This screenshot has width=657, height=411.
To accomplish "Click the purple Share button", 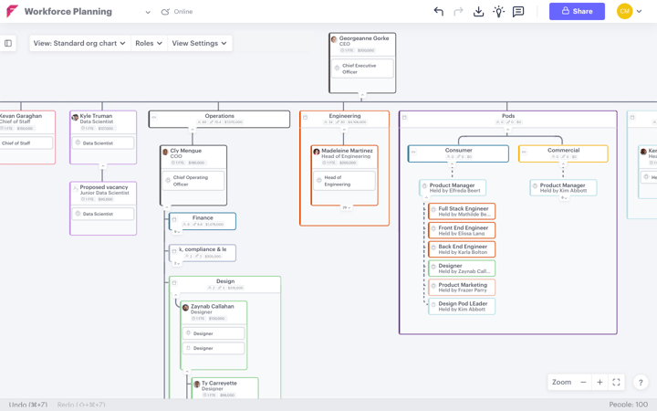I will [577, 12].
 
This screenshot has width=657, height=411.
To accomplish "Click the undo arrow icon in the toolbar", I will [438, 12].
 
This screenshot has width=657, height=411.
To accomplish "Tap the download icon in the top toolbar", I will [478, 12].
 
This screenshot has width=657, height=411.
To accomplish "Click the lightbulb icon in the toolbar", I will [498, 12].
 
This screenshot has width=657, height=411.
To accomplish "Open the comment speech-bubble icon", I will [518, 12].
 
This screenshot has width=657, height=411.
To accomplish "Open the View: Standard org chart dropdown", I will [79, 43].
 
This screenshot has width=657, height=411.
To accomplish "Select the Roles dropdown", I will [148, 43].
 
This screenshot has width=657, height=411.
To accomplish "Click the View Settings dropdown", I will [199, 43].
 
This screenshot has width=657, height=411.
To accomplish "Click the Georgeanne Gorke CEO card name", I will [363, 38].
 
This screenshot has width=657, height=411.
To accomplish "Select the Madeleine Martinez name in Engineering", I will [347, 152].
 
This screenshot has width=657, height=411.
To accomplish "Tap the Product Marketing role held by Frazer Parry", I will [463, 288].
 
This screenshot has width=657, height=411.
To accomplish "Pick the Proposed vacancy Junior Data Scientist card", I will [104, 190].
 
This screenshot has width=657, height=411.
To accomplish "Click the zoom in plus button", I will [600, 383].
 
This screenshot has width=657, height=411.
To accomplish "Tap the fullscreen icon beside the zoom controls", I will [617, 383].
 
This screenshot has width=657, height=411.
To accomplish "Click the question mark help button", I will [641, 383].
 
